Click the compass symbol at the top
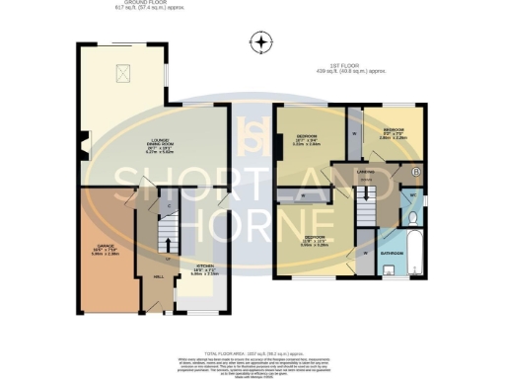pos(260,41)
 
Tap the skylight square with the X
pos(124,72)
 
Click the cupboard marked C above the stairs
pos(169,204)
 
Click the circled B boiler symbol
pos(415,172)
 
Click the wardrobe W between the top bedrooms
pos(354,133)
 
